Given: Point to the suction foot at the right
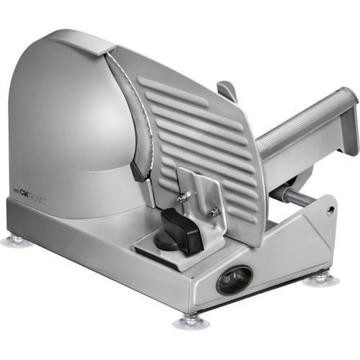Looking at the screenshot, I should point(317,277).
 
